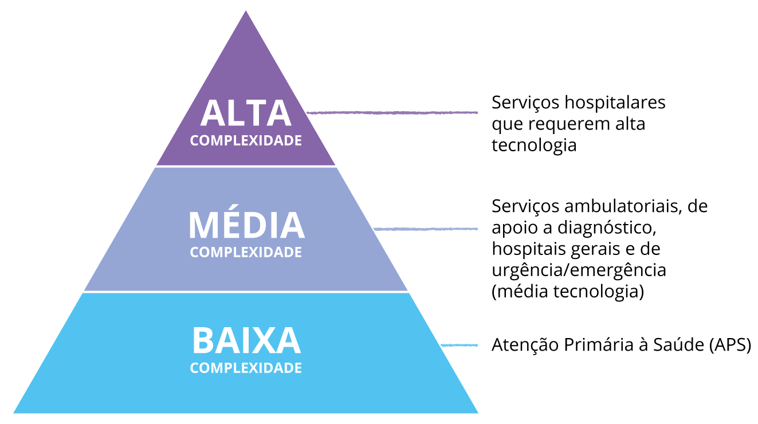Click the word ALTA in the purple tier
246,113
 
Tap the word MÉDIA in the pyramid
246,226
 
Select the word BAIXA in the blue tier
246,341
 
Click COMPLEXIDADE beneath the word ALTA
246,140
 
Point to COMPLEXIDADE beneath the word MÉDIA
246,252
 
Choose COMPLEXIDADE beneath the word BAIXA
246,368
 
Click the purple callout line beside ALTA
392,112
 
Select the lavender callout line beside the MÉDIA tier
425,229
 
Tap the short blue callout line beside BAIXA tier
459,345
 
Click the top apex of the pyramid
246,10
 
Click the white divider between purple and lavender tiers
246,167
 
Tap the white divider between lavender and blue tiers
246,292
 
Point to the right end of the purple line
477,112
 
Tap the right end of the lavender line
477,229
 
